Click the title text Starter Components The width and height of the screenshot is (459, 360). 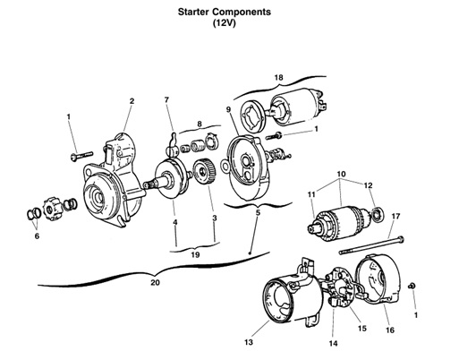click(225, 13)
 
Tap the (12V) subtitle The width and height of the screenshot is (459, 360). click(225, 22)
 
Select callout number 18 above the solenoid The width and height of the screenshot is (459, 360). click(278, 78)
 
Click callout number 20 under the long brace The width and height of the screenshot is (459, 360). click(155, 282)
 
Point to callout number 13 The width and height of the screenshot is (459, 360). click(249, 342)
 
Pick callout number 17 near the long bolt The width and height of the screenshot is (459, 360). click(395, 216)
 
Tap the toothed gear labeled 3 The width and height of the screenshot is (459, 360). click(204, 172)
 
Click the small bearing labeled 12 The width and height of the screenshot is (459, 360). click(378, 214)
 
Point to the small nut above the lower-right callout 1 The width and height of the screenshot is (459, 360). click(412, 286)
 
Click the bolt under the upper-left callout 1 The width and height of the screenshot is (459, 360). click(81, 156)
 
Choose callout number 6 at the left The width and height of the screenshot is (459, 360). click(37, 236)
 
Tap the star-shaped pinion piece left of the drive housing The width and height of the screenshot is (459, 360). click(53, 210)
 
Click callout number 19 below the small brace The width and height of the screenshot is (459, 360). click(195, 255)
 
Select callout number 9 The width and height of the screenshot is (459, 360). click(228, 109)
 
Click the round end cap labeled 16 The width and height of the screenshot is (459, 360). click(378, 280)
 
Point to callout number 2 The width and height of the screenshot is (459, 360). click(132, 101)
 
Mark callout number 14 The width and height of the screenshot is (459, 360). click(333, 344)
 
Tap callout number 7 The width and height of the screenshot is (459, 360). click(166, 99)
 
